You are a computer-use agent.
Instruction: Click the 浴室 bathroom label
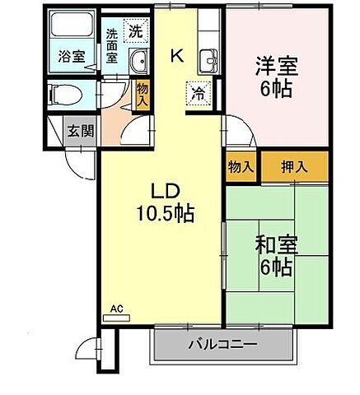coord(71,57)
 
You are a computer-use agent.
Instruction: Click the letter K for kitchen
coord(176,56)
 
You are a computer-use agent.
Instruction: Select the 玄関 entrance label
coord(80,130)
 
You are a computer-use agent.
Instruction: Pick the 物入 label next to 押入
coord(240,165)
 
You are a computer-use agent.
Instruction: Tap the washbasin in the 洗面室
coord(138,59)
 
